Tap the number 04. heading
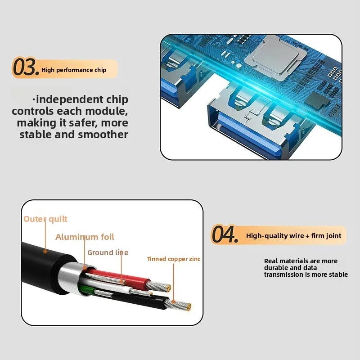224,235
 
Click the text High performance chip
73,70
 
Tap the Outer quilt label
45,219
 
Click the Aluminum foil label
85,237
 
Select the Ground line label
108,253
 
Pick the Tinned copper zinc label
173,259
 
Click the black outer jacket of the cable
40,261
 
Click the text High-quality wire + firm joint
293,236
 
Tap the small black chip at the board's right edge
324,99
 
